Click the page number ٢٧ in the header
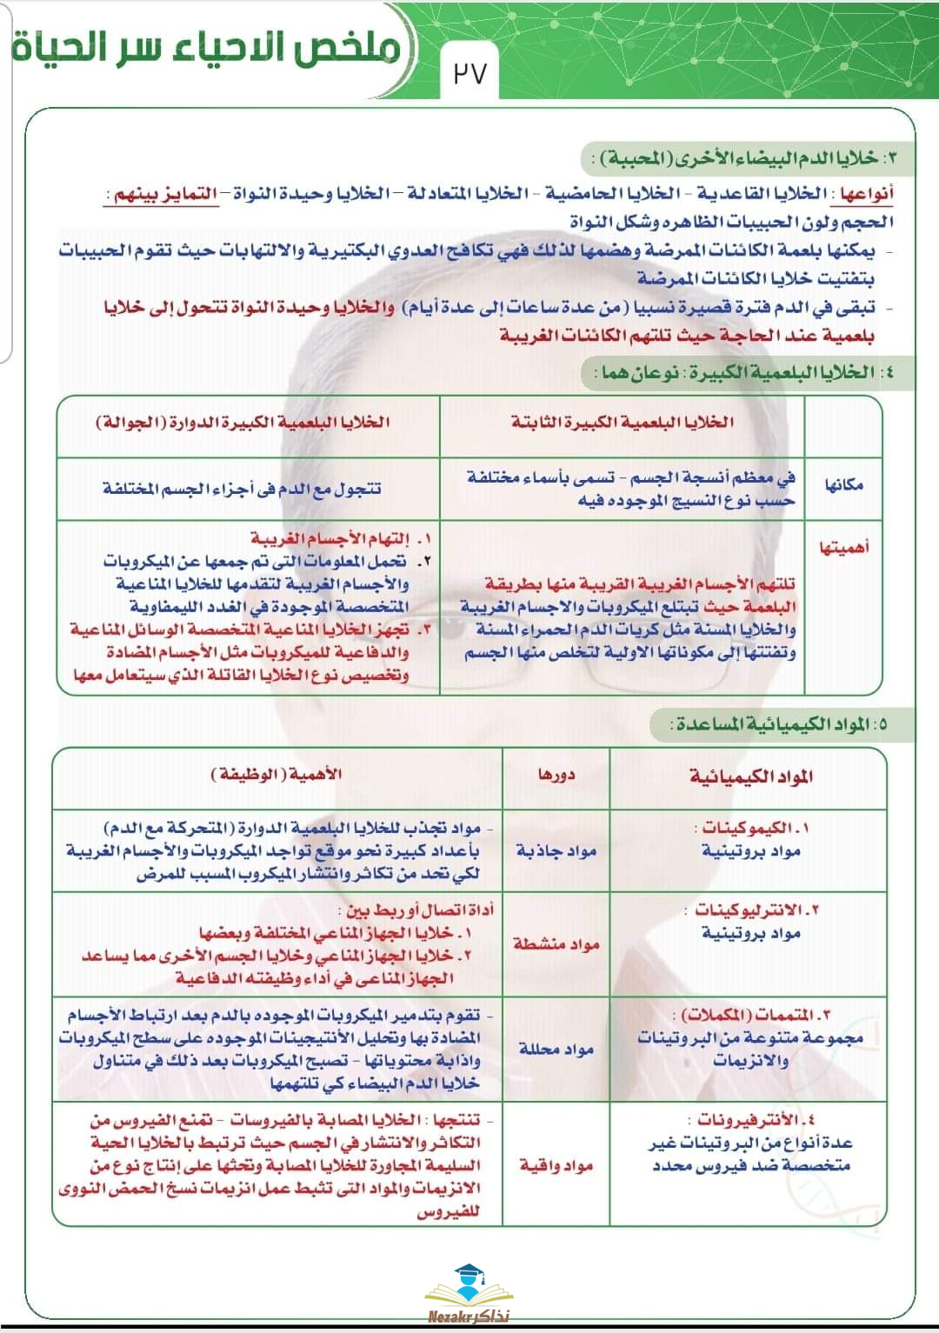pos(470,73)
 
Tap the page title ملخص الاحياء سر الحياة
pos(207,48)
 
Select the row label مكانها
pos(843,484)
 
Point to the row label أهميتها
pos(843,548)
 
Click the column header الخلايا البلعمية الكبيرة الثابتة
pos(623,423)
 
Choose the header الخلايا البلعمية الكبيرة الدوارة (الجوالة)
pos(243,423)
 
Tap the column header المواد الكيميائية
pos(751,776)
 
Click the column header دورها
pos(556,774)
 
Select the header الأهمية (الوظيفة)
pos(276,774)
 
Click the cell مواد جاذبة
pos(556,850)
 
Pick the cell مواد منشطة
pos(556,943)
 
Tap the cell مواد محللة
pos(556,1049)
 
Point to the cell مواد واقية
pos(556,1165)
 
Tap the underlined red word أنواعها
pos(867,193)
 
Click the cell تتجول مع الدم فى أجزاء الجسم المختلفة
pos(243,489)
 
